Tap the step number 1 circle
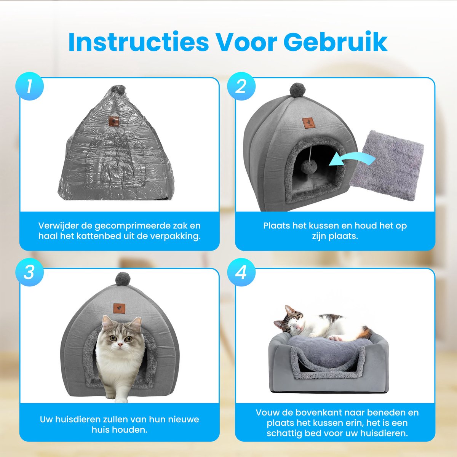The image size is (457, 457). [29, 86]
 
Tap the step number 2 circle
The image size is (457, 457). [241, 86]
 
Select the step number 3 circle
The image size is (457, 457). [29, 272]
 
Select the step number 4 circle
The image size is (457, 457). [241, 272]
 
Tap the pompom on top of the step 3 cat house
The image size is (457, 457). [123, 279]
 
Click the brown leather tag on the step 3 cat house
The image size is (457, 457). [119, 308]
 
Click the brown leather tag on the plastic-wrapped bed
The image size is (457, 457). [113, 121]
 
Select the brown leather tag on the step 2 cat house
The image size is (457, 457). [308, 123]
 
